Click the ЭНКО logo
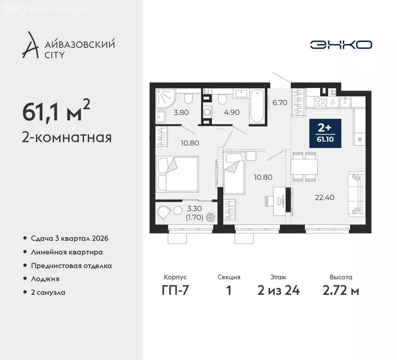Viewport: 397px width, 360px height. pyautogui.click(x=341, y=45)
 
